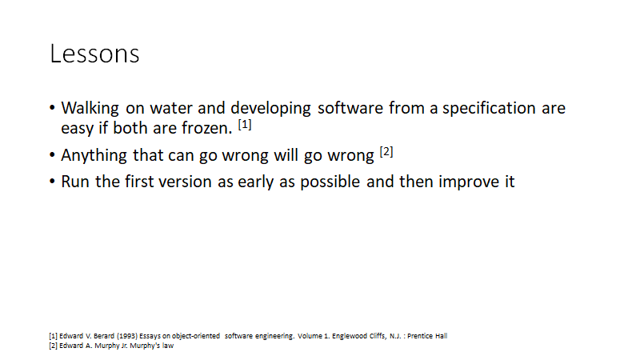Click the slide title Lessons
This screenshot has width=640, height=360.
[x=94, y=54]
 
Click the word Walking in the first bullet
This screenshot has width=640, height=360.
[x=90, y=109]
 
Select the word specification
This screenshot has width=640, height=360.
[x=489, y=109]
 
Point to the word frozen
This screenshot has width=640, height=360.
[x=207, y=128]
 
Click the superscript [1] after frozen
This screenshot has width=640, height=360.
[x=245, y=125]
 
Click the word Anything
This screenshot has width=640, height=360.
[x=94, y=156]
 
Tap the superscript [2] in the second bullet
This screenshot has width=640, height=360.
[x=386, y=152]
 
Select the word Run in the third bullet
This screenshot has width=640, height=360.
[x=75, y=182]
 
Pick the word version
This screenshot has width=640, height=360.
[x=185, y=182]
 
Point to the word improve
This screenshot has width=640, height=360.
[x=468, y=182]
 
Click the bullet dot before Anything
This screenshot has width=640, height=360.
[x=52, y=155]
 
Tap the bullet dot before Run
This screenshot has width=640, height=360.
[x=52, y=182]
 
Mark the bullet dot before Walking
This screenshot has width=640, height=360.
[x=52, y=108]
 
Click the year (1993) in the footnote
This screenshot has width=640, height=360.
[x=127, y=336]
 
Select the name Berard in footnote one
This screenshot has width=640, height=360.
[x=104, y=336]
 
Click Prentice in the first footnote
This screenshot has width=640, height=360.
[x=420, y=336]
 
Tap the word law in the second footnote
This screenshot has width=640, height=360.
[x=168, y=346]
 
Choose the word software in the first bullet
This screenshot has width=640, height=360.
[x=350, y=109]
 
